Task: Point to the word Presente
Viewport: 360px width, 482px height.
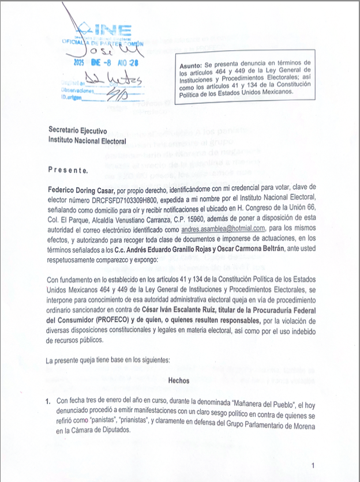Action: (x=69, y=171)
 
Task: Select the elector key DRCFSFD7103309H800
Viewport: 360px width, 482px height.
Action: (x=115, y=199)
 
